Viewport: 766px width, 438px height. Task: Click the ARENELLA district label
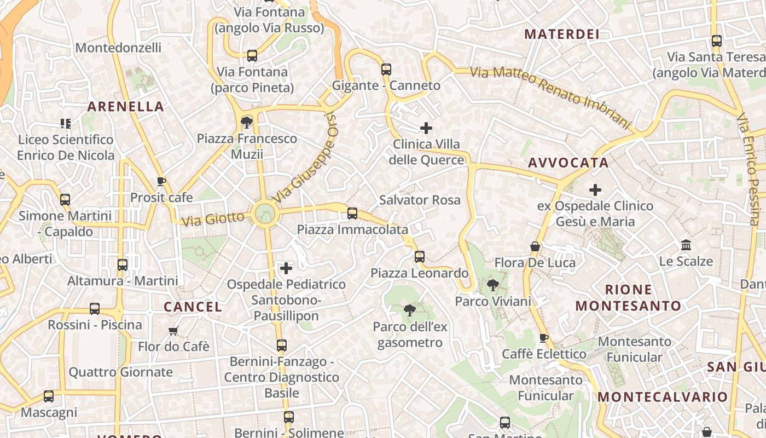click(125, 107)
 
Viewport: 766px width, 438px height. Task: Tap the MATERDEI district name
click(562, 34)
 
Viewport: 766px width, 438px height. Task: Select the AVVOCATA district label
click(568, 163)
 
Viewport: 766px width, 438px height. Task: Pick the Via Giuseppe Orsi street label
click(304, 158)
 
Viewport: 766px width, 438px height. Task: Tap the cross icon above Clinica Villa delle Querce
click(426, 129)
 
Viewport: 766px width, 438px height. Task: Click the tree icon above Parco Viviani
click(493, 285)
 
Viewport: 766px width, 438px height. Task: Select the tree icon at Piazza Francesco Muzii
click(247, 122)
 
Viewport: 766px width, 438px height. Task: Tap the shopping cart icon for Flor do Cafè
click(173, 330)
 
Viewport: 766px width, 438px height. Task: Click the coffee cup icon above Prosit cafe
click(161, 181)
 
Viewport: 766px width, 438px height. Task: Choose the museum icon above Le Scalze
click(686, 245)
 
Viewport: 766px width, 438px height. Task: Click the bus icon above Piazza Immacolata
click(352, 213)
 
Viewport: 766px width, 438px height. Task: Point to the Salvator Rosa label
click(420, 200)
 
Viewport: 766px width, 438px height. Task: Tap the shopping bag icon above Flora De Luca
click(535, 246)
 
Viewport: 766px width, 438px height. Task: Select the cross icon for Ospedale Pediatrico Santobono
click(286, 268)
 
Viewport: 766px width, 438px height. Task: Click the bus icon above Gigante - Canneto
click(386, 69)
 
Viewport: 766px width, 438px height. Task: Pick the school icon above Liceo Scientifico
click(65, 124)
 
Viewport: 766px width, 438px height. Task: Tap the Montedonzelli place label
click(118, 48)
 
